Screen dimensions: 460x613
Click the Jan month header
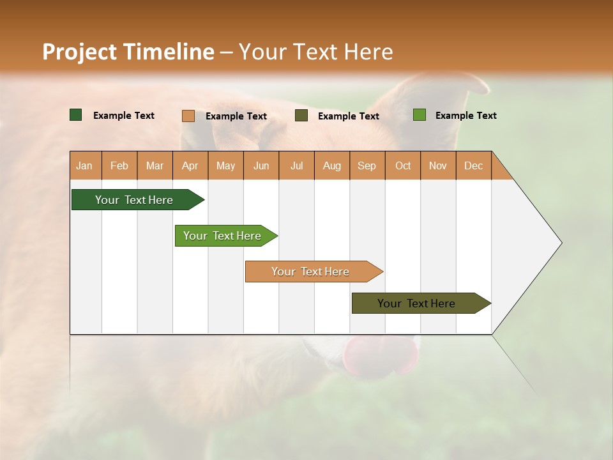coord(85,165)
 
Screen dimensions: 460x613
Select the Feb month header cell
coord(119,165)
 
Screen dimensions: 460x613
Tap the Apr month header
coord(190,165)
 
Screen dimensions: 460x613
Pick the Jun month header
coord(261,165)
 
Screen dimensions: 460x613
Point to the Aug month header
coord(332,165)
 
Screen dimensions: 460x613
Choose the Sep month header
coord(367,165)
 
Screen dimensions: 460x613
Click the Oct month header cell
coord(403,165)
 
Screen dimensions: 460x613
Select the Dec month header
coord(474,165)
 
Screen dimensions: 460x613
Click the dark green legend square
coord(76,115)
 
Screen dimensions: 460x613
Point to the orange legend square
coord(188,116)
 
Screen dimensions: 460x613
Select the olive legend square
coord(301,116)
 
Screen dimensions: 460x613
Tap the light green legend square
coord(420,115)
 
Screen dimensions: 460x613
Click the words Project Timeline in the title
coord(128,52)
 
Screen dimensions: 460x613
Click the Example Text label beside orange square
coord(236,116)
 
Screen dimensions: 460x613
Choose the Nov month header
coord(438,165)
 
